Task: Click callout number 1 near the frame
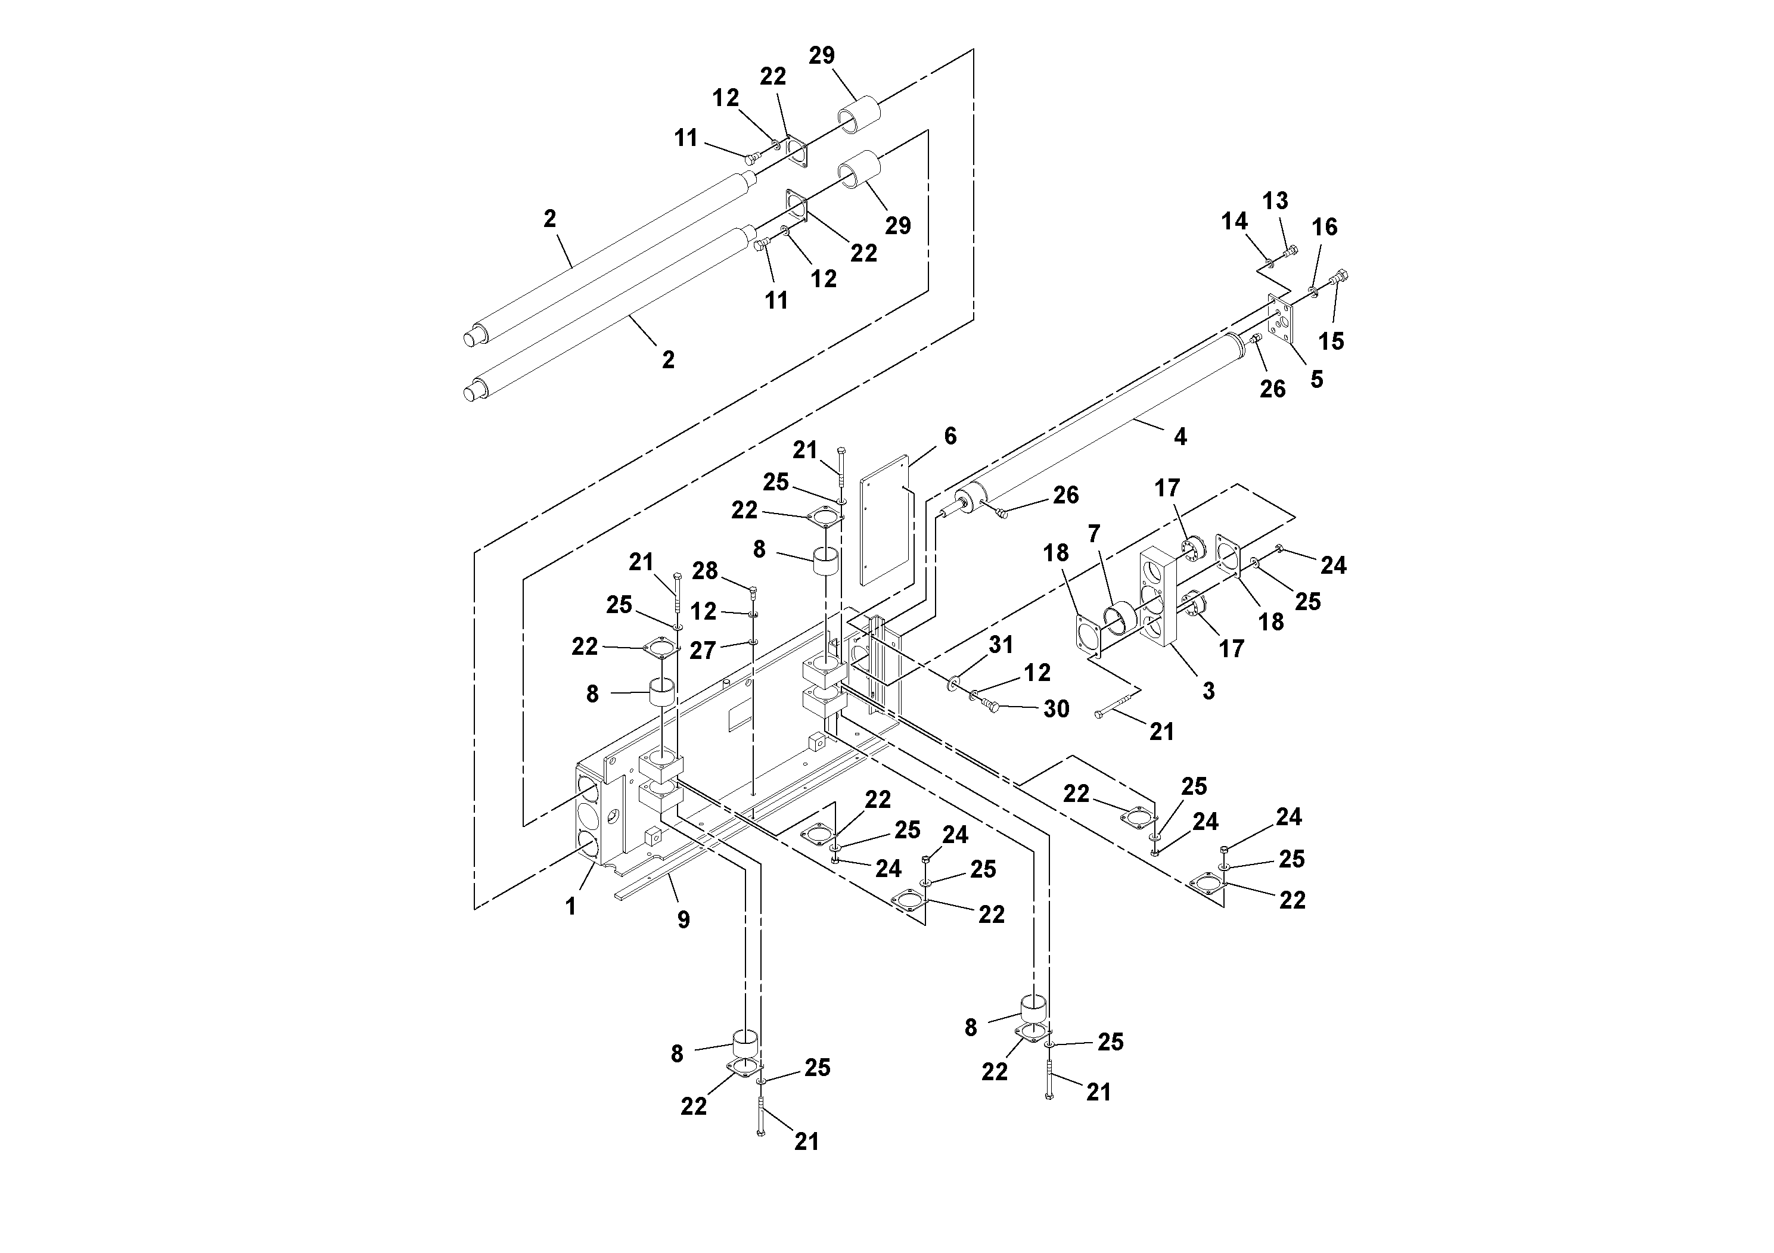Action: (570, 906)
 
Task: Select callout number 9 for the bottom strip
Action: (683, 919)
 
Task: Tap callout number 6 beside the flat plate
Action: (950, 437)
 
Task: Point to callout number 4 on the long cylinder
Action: (1180, 437)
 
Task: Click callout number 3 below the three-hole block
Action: (1208, 691)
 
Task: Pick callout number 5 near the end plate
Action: (1316, 380)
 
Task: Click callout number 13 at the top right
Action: (1275, 201)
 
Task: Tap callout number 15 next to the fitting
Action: (1331, 341)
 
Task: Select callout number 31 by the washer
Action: (1001, 644)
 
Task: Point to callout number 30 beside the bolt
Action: (1056, 709)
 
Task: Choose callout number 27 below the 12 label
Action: (703, 651)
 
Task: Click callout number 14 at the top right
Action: (1234, 222)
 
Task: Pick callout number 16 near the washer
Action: (1324, 227)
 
